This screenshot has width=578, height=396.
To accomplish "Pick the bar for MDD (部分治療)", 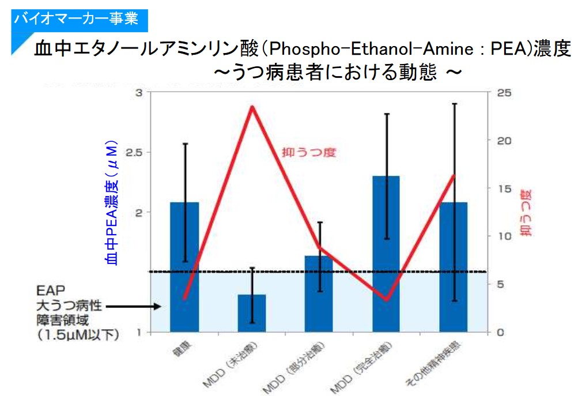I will (319, 293).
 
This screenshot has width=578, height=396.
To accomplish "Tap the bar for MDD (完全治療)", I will (386, 254).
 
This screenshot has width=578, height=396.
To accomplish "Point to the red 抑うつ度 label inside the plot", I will (308, 153).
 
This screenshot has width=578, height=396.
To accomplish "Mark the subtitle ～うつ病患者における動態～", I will (338, 73).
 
